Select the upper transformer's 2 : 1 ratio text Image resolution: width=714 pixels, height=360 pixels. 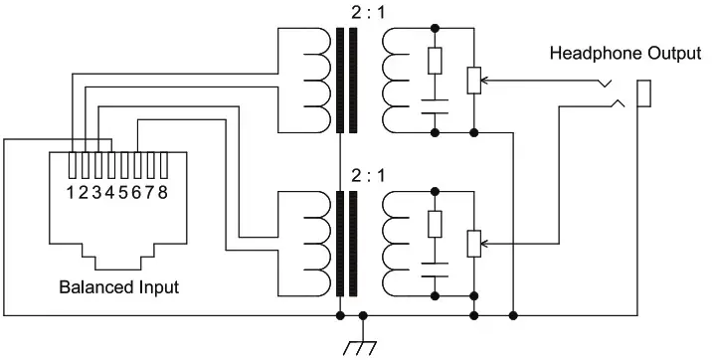368,12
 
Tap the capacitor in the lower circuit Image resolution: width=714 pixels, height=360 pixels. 435,269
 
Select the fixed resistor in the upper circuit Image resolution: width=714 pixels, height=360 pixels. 435,61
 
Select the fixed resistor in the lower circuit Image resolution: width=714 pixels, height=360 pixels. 435,224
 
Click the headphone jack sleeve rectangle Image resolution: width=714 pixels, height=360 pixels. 643,93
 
